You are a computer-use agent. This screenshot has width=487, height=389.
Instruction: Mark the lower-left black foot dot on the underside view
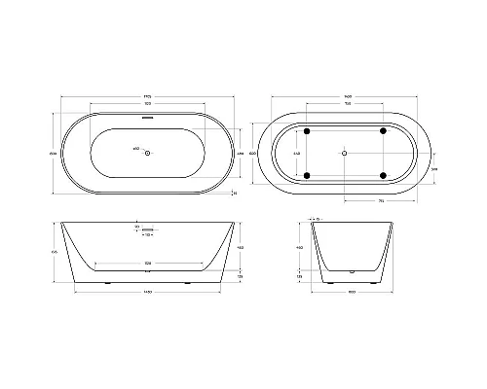point(308,175)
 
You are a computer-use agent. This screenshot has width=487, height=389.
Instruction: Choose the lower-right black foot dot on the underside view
point(383,175)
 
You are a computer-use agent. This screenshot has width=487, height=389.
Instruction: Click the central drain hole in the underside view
point(344,152)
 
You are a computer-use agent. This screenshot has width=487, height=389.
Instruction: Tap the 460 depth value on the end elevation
point(302,248)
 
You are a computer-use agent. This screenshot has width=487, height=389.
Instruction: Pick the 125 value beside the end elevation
point(302,276)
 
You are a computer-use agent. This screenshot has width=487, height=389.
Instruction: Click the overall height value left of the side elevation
point(56,251)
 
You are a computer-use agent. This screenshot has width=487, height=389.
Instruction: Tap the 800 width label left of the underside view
point(251,152)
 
